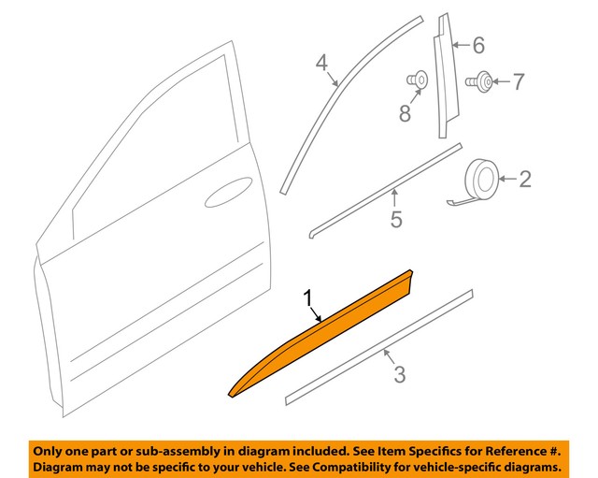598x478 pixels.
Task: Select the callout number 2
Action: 524,178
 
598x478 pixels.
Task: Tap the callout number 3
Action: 399,375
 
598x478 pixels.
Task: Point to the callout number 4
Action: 321,64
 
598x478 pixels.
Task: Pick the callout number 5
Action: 396,219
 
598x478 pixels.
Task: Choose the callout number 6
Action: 477,44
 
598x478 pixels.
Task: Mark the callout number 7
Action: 520,82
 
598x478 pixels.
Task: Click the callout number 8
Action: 405,113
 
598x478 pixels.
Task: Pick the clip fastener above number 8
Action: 418,80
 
